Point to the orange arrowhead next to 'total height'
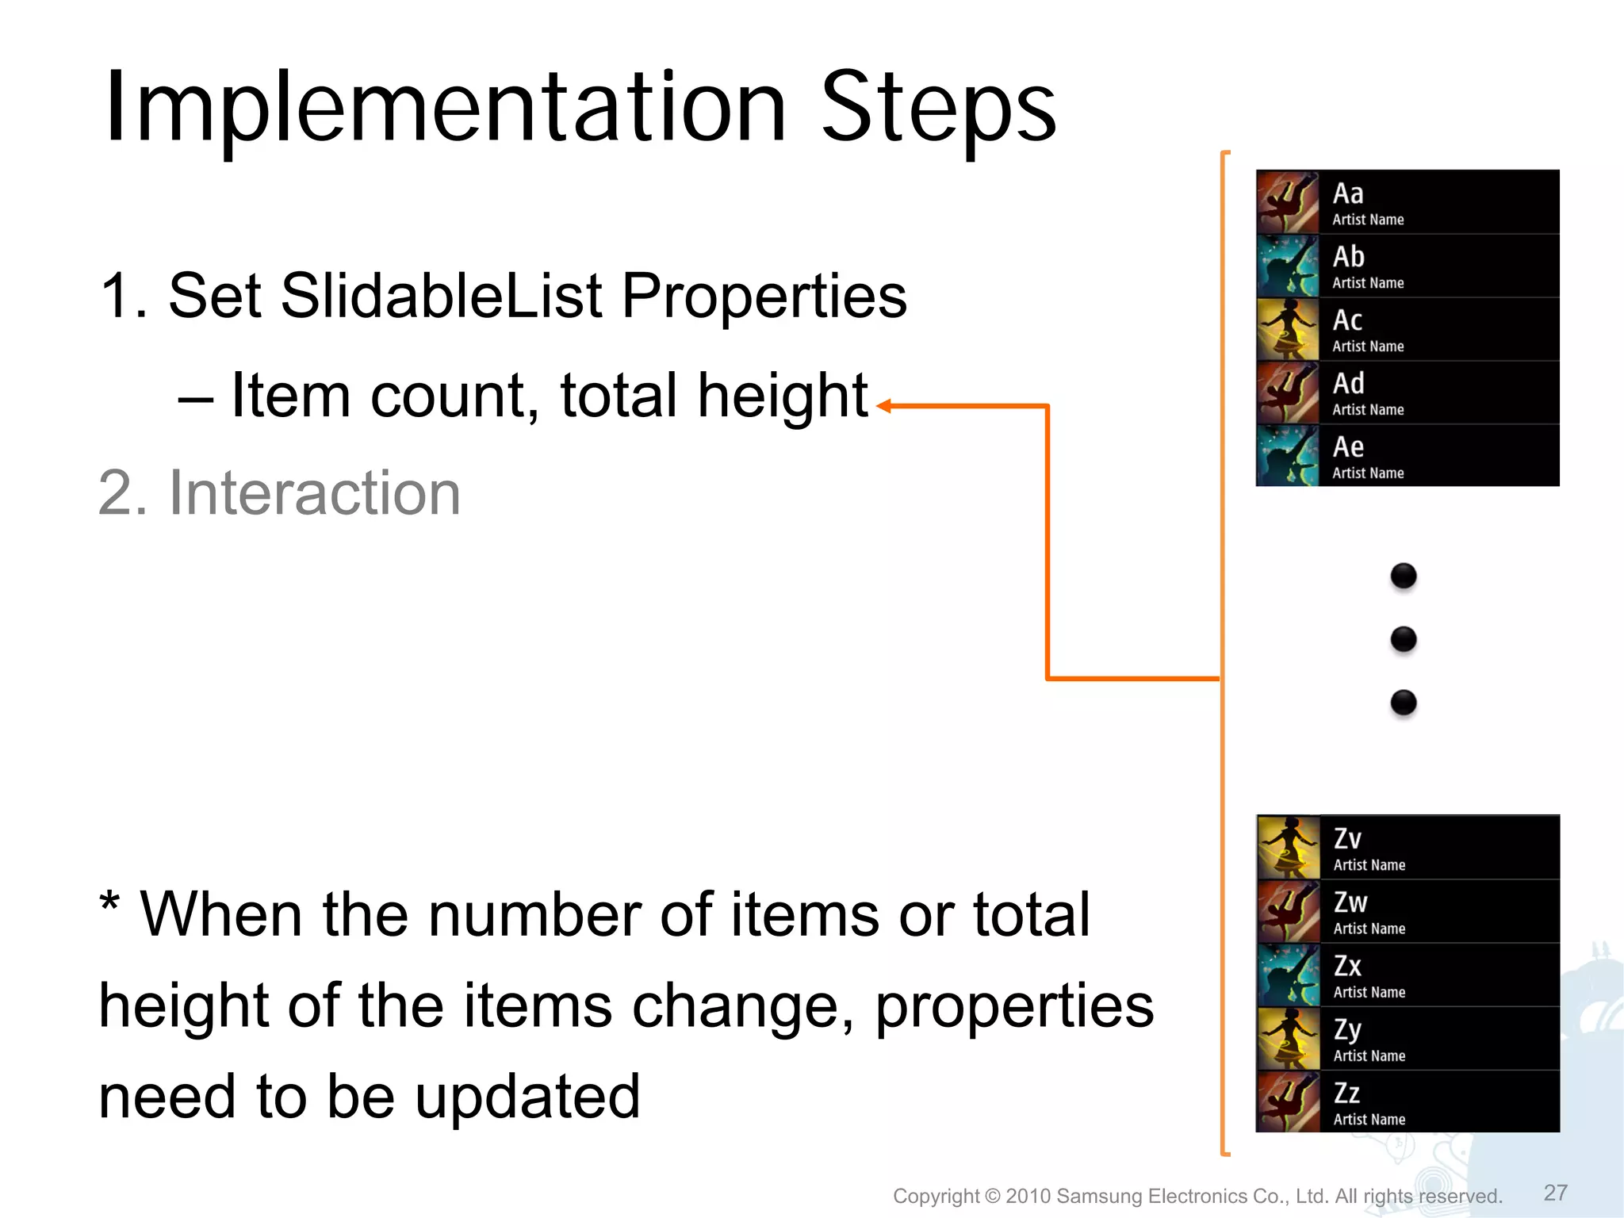point(883,406)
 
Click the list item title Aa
point(1348,194)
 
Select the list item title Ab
point(1348,258)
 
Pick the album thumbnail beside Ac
point(1288,329)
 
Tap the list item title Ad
point(1348,385)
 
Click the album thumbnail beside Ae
point(1288,456)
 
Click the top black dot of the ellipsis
point(1404,576)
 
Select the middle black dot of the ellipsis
point(1404,639)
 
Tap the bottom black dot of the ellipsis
point(1404,703)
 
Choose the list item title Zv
point(1347,839)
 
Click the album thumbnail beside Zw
point(1289,911)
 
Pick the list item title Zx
point(1347,967)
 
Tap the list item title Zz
point(1346,1094)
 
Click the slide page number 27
point(1555,1193)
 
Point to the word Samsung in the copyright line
point(1100,1196)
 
